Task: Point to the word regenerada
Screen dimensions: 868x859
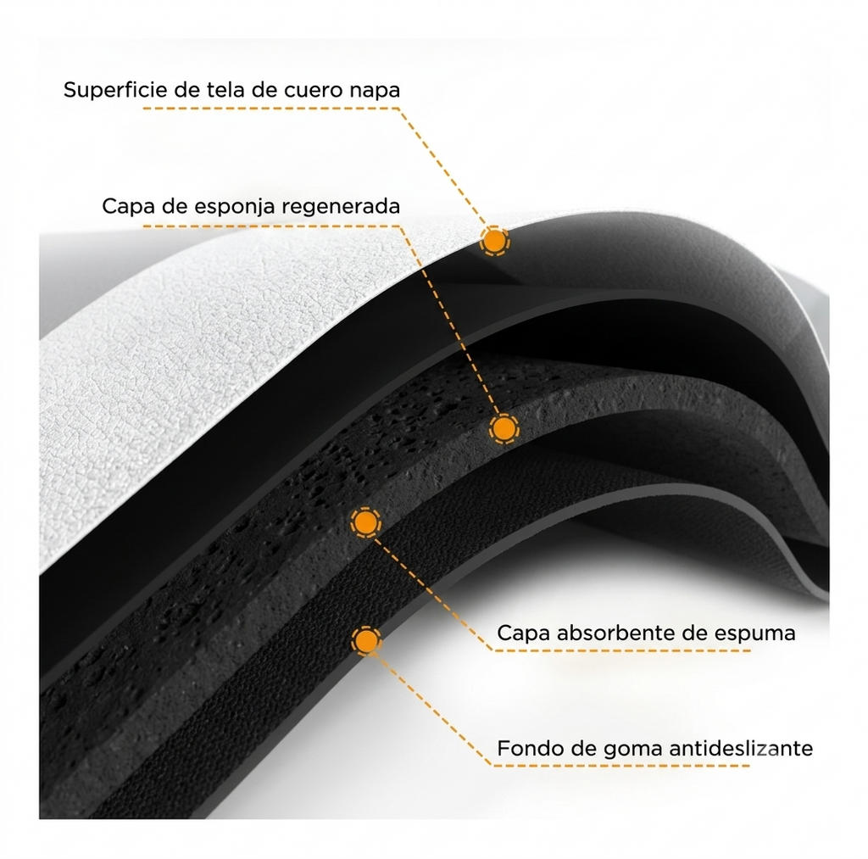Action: click(341, 208)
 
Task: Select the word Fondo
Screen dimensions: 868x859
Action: click(526, 748)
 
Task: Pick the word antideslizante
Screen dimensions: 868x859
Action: click(741, 748)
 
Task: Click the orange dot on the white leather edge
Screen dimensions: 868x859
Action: click(494, 241)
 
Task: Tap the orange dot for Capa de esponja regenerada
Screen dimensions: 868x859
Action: click(504, 428)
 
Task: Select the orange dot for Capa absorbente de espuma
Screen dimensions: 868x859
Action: click(365, 522)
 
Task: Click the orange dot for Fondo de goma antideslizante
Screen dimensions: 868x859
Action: click(365, 641)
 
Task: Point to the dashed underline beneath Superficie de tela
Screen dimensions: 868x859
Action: click(271, 108)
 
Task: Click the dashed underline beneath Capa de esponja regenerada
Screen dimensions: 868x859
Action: click(271, 226)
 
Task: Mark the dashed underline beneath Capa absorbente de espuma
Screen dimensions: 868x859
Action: click(621, 650)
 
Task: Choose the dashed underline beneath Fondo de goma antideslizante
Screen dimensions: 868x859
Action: click(621, 766)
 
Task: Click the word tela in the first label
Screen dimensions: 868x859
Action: click(225, 90)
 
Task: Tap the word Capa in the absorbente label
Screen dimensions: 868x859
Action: click(524, 634)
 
